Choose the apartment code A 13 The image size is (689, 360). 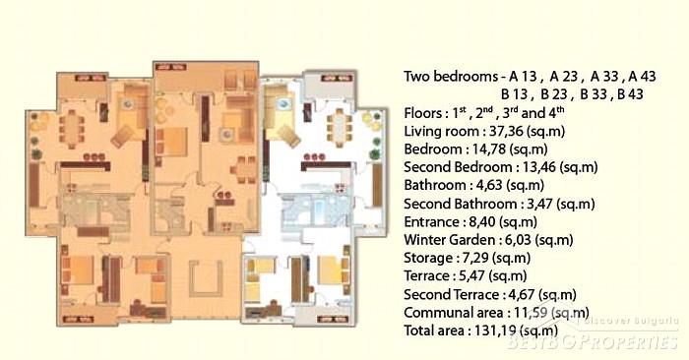pos(524,77)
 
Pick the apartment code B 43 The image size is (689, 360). pos(630,94)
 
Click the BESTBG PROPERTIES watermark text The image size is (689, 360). pos(593,341)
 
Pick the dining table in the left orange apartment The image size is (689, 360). pos(71,127)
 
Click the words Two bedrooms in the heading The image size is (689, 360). pos(451,77)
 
